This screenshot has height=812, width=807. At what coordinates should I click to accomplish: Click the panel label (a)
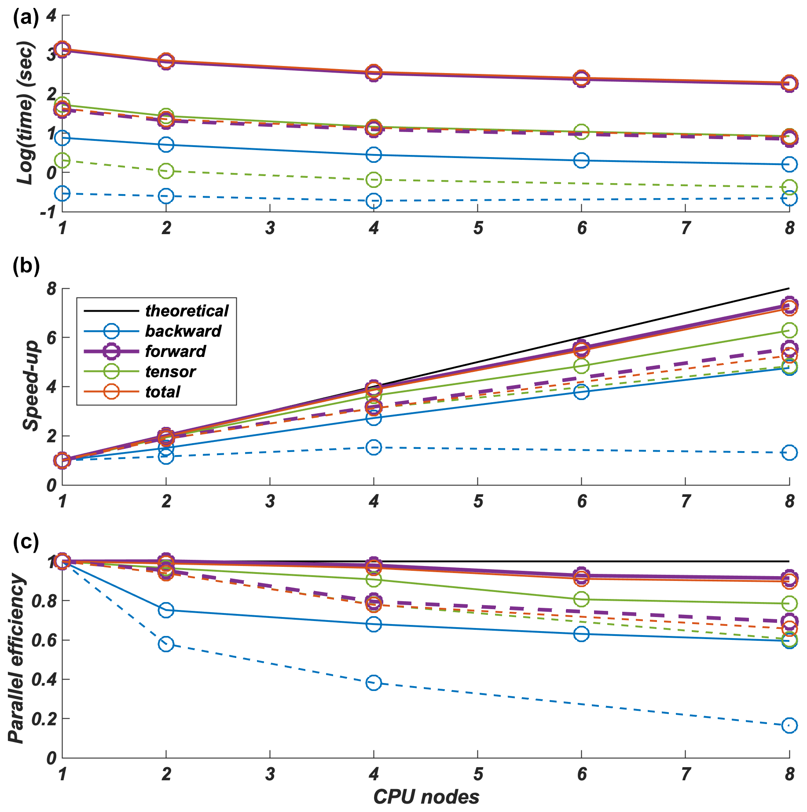26,18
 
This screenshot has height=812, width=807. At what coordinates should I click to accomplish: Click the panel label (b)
26,266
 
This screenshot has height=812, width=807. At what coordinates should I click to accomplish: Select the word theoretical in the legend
187,311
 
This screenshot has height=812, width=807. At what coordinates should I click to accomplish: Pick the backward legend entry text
183,331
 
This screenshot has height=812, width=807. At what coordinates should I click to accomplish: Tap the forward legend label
175,352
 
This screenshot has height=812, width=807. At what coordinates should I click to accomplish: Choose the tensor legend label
170,372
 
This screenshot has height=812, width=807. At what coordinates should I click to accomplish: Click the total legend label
162,392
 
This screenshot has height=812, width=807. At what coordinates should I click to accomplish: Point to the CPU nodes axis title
426,797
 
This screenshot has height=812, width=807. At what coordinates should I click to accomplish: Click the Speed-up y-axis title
32,386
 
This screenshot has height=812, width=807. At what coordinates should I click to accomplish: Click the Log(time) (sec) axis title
26,113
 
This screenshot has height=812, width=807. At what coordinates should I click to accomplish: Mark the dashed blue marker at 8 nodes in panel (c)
789,726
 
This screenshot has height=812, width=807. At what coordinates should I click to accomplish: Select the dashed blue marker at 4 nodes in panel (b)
374,448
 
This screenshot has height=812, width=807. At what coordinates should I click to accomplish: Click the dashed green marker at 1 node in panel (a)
62,160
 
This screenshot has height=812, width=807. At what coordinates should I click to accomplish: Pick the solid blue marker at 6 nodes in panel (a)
581,160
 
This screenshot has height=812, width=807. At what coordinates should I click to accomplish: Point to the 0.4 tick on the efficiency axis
44,680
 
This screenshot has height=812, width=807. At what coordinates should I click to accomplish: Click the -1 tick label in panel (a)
48,213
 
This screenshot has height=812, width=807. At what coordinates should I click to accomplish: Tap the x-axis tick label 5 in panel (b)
478,501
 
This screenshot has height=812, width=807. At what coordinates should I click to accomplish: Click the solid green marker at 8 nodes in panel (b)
789,331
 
